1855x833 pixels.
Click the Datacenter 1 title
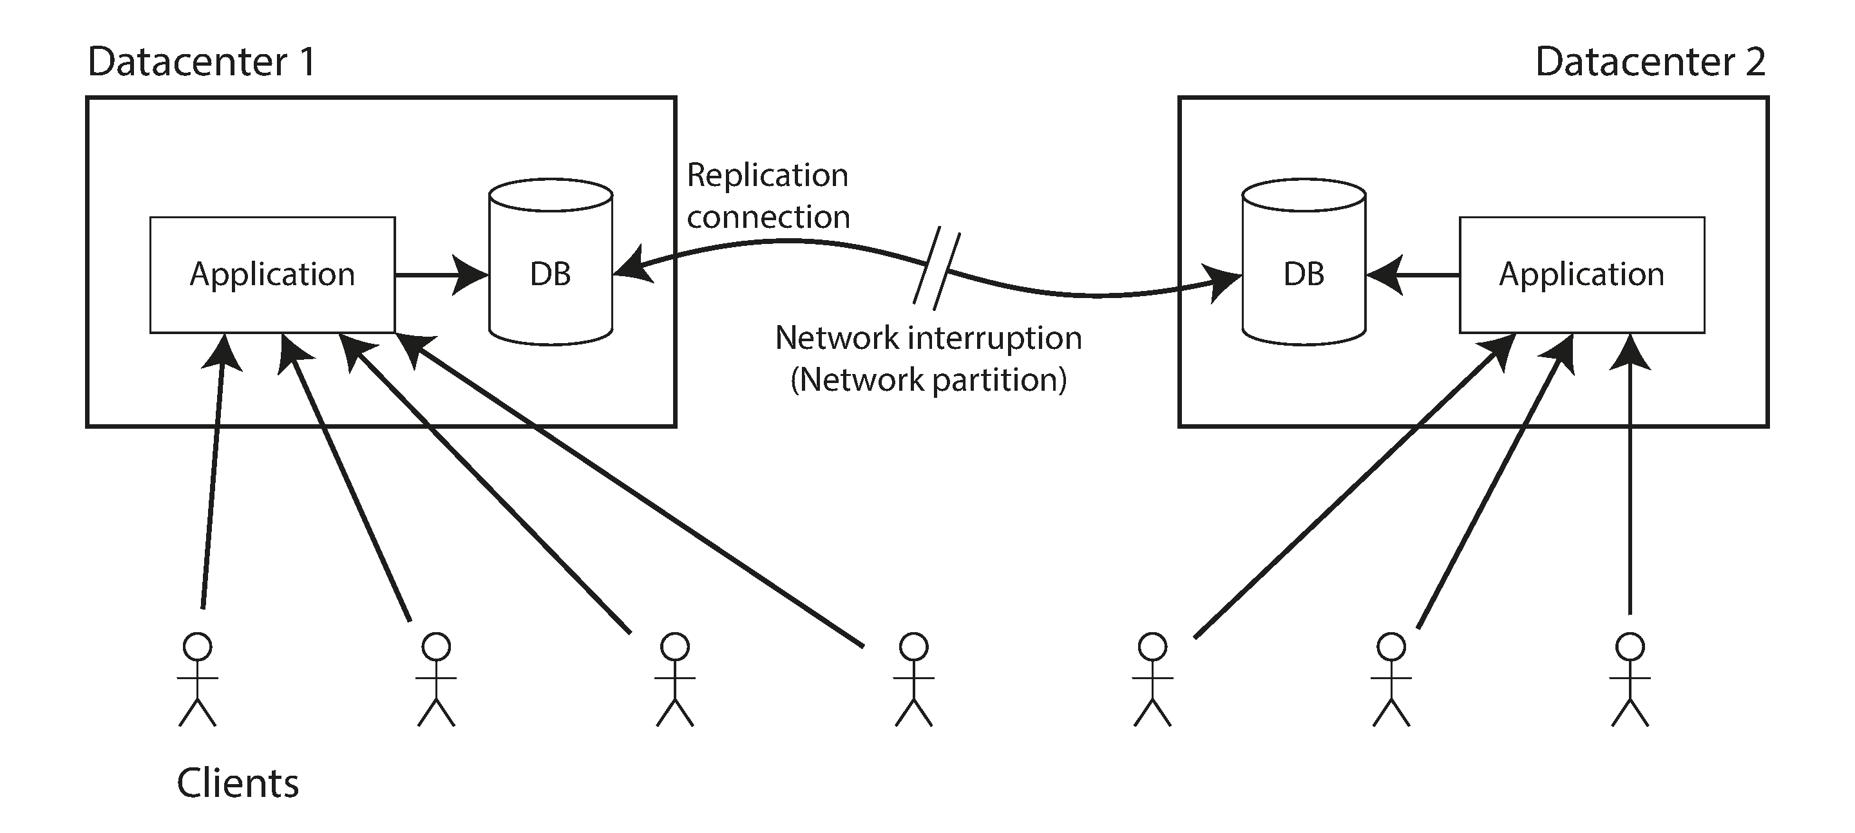[201, 62]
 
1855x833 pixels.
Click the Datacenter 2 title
[1650, 62]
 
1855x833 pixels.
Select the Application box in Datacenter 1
[272, 274]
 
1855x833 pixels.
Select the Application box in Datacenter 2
[1581, 274]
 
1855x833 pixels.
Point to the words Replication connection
[768, 196]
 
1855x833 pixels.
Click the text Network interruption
[928, 338]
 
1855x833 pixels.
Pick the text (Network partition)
[928, 379]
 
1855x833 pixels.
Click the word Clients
[238, 783]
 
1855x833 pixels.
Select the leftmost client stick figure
[197, 680]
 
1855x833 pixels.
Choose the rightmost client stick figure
[1630, 680]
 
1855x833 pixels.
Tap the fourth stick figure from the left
[914, 680]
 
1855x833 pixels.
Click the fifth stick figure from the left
[1153, 680]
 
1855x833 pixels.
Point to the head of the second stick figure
[437, 646]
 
